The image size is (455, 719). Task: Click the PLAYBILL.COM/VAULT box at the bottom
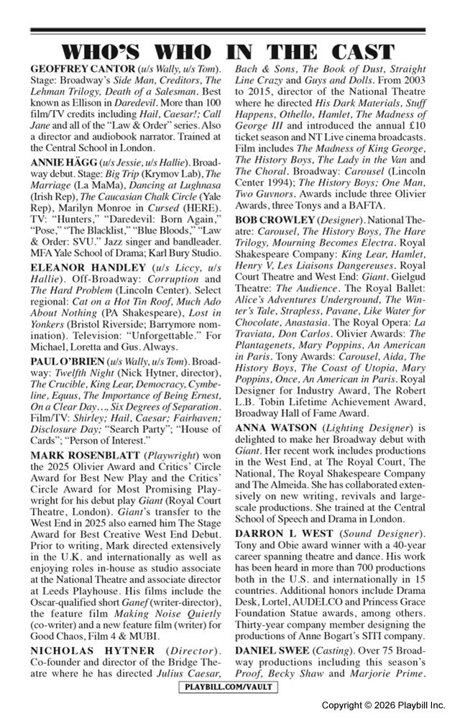coord(227,687)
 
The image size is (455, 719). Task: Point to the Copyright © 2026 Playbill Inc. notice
coord(383,706)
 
